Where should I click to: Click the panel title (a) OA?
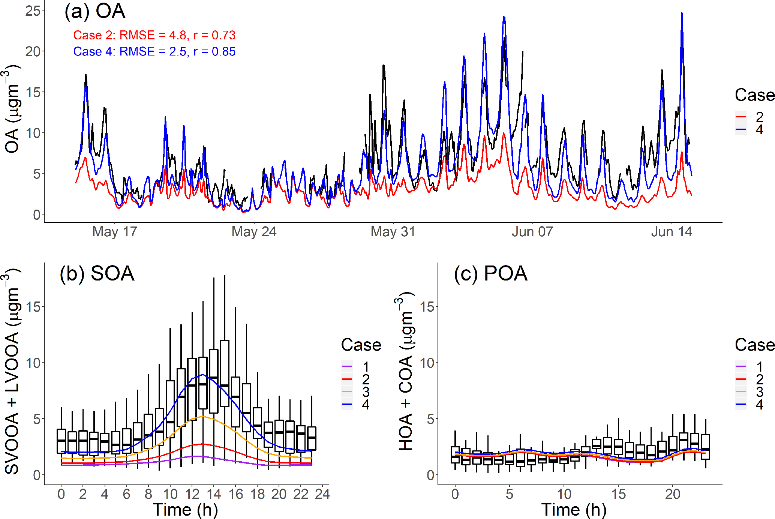tap(95, 11)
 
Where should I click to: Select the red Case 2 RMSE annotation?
tap(154, 35)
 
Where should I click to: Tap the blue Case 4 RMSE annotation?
tap(154, 51)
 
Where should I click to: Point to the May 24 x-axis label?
tap(254, 232)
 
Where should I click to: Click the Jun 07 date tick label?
tap(532, 232)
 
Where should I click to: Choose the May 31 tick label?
tap(393, 232)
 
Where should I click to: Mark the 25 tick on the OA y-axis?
tap(33, 11)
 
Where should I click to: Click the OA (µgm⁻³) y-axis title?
tap(12, 109)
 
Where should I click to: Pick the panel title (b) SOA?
tap(97, 273)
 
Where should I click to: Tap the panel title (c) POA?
tap(490, 273)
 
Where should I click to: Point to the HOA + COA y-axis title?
tap(406, 371)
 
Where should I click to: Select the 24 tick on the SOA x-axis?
tap(322, 494)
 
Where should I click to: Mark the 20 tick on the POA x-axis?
tap(673, 494)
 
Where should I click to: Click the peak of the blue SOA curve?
tap(202, 374)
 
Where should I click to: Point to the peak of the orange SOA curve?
tap(202, 416)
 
